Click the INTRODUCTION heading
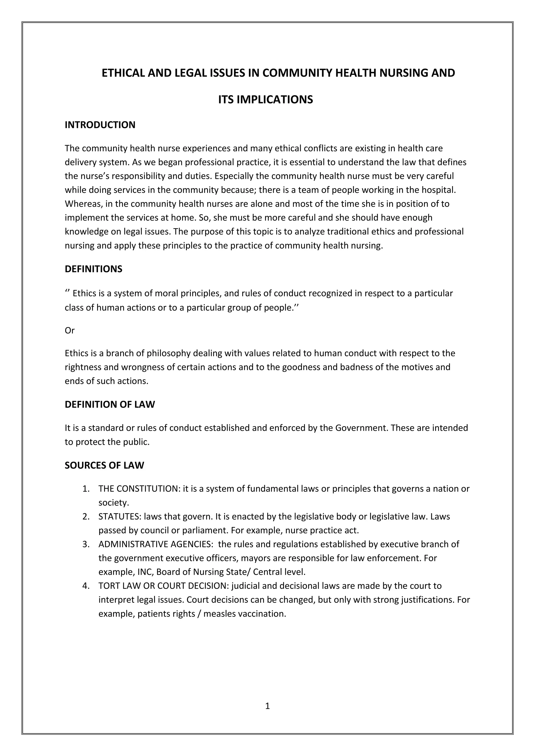pos(100,125)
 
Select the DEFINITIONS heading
pos(93,269)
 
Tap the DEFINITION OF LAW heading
pos(110,404)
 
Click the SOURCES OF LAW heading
pos(104,465)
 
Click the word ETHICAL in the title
pos(124,73)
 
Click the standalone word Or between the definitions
pos(69,330)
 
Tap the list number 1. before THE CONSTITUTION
pos(86,489)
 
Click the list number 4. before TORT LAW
pos(86,586)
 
